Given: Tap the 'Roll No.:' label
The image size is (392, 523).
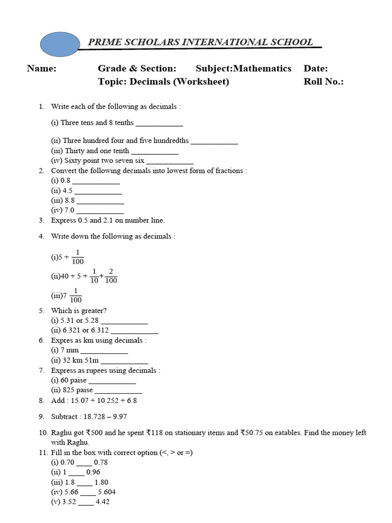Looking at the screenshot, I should (324, 82).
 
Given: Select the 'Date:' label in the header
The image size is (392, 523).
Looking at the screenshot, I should (315, 68).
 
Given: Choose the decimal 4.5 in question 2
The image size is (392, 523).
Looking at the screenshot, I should (67, 191).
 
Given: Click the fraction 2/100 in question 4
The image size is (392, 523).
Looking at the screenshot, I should (111, 276).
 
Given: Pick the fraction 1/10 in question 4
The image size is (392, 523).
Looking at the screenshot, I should (94, 276).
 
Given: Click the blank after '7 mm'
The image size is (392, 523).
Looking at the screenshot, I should (104, 350).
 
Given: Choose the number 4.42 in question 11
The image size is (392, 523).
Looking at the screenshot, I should (102, 502).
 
